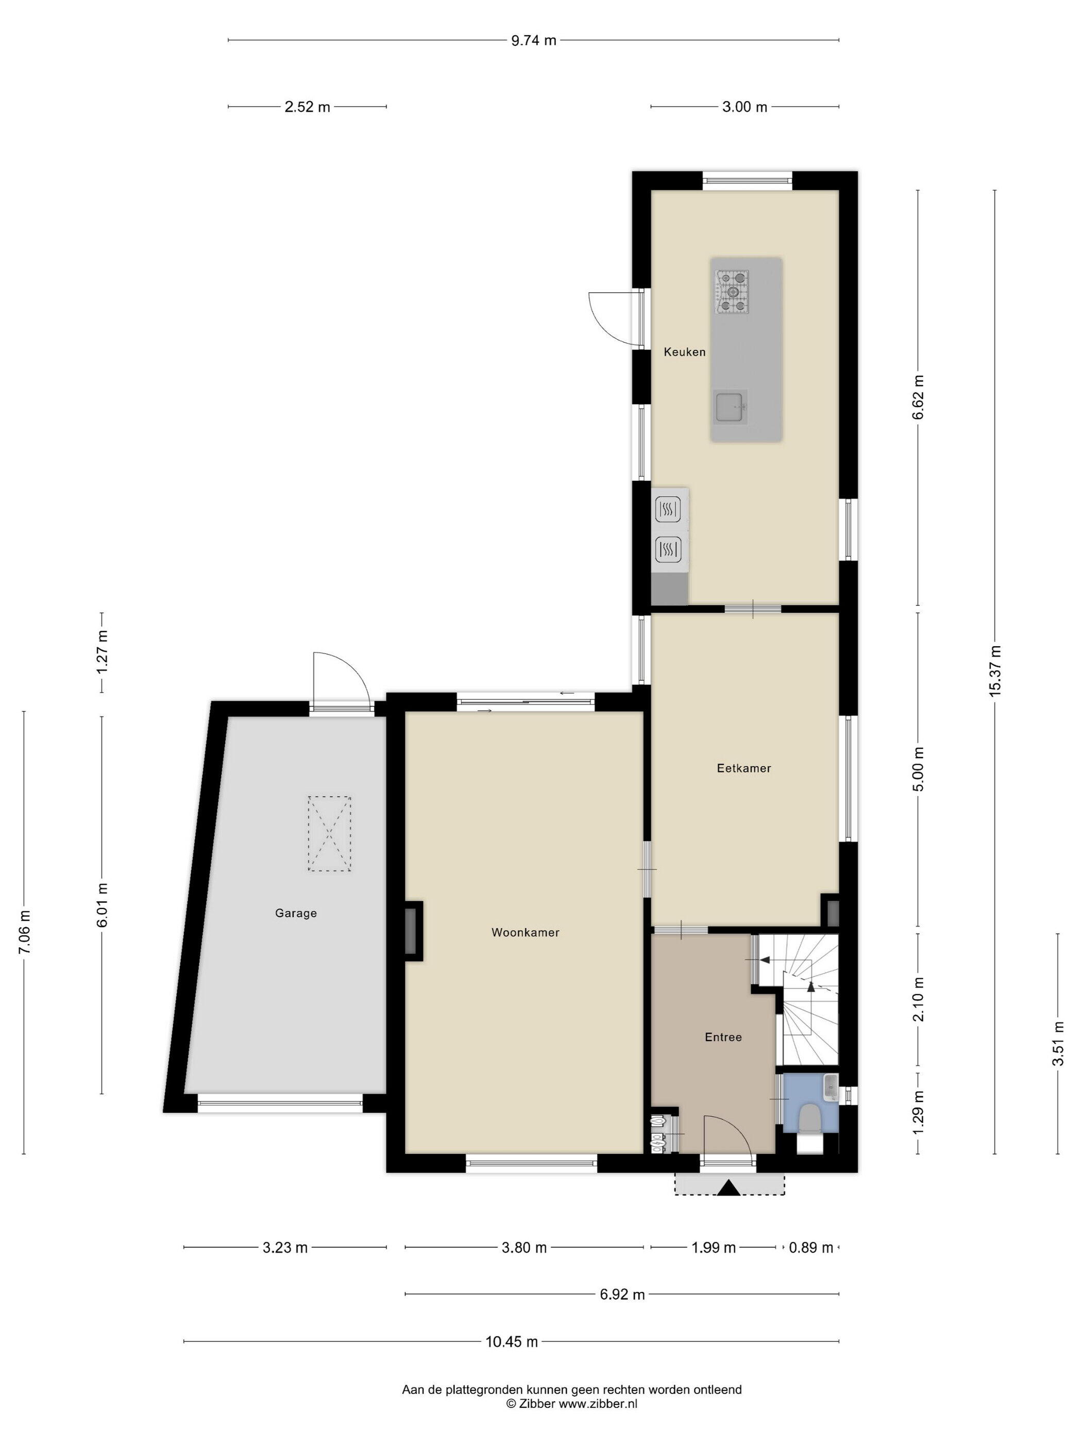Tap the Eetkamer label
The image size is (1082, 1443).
[x=743, y=768]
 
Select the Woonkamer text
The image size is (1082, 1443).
[x=525, y=933]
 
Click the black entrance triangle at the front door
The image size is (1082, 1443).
[x=729, y=1188]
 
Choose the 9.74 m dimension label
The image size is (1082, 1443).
[x=533, y=40]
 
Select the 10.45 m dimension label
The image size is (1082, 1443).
[x=512, y=1342]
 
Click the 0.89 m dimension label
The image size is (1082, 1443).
[x=810, y=1248]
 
